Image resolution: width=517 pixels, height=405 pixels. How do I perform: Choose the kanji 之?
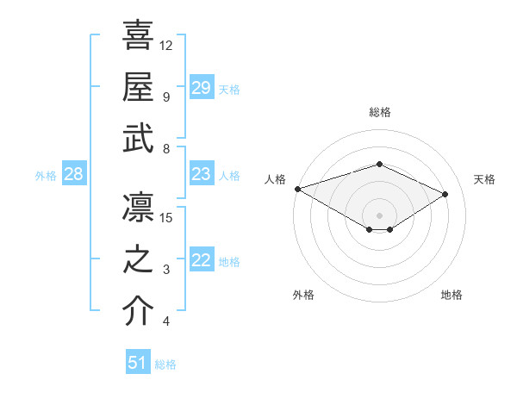point(138,260)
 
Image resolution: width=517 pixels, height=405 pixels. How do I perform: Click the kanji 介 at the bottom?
point(138,312)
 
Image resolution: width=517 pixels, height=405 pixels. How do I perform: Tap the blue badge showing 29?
point(202,88)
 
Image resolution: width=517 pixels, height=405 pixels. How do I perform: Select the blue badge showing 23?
point(202,175)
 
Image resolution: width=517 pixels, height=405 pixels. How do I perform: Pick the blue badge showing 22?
point(202,261)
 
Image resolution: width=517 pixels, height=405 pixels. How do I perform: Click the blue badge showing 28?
point(73,175)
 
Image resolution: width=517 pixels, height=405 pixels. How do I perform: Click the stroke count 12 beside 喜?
point(166,44)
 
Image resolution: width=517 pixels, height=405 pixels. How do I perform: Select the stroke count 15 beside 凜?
point(166,217)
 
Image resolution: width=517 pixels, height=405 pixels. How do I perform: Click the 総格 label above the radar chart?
point(379,112)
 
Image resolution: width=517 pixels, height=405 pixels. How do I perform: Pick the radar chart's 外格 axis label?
point(303,295)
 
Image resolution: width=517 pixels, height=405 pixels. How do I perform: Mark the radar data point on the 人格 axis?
point(297,189)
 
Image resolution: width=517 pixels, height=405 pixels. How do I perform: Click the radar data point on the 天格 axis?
point(445,195)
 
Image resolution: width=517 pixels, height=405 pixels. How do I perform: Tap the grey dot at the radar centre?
point(379,215)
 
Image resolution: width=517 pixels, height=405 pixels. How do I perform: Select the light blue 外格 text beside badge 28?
point(46,176)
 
